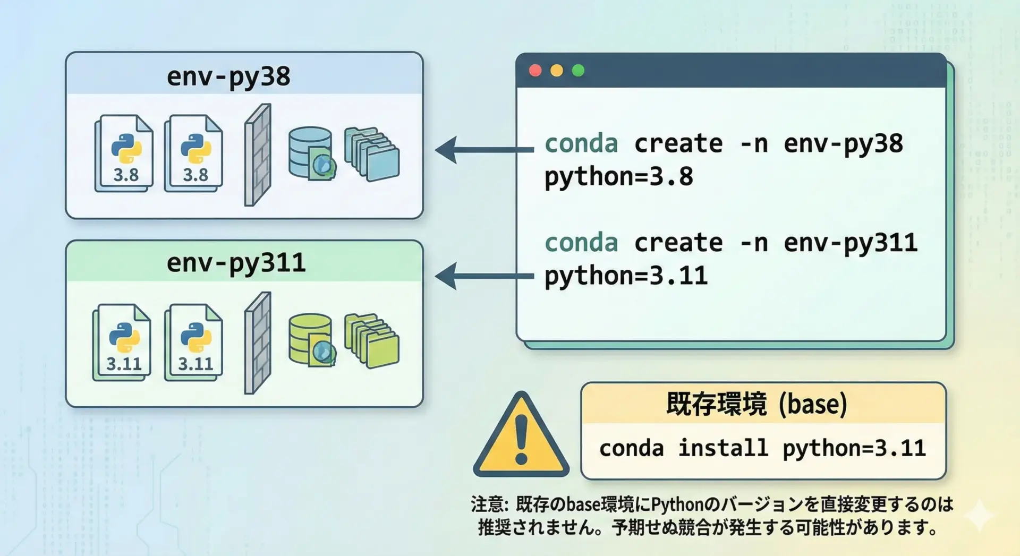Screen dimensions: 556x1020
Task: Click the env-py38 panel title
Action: click(228, 76)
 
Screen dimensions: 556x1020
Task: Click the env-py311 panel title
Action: click(236, 263)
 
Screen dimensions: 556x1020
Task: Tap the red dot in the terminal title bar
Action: click(535, 71)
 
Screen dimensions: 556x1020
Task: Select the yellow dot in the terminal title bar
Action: click(557, 71)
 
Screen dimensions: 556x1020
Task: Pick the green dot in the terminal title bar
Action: click(578, 71)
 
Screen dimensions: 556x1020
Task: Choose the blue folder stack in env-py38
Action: click(372, 154)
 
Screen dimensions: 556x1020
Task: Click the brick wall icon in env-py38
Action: click(258, 155)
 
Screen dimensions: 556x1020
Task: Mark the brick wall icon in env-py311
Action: click(258, 343)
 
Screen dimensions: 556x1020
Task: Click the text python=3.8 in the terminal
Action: click(619, 177)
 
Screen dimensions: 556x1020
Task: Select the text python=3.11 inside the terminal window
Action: click(626, 276)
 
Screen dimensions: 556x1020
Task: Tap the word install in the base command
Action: click(723, 448)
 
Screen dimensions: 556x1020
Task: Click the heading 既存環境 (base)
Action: click(756, 404)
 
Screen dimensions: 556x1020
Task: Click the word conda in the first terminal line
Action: click(581, 144)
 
